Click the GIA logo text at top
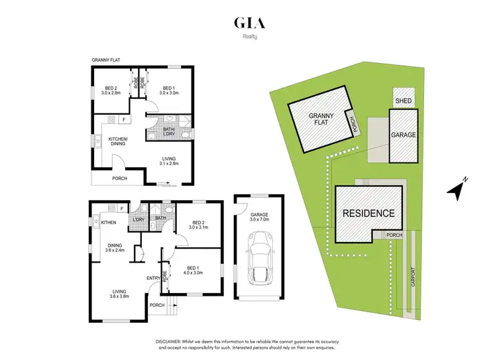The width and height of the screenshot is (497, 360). [249, 23]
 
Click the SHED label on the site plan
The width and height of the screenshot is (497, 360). [404, 101]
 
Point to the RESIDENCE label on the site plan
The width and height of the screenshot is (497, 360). [368, 213]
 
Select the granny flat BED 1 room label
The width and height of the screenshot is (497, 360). [168, 91]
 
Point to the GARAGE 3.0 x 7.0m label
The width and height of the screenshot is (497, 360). [258, 217]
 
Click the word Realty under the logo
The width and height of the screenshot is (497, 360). [249, 38]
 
